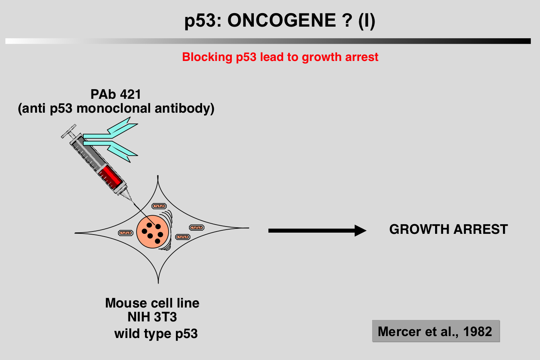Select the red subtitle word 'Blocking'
tap(207, 57)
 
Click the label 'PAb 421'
tap(116, 94)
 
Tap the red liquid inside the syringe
tap(111, 176)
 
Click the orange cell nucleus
tap(152, 232)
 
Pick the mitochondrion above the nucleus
tap(159, 206)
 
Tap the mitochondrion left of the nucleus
tap(125, 233)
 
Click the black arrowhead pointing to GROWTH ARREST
tap(360, 231)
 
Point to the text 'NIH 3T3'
tap(152, 317)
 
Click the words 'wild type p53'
tap(156, 333)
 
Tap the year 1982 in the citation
tap(478, 332)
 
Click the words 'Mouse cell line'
tap(152, 303)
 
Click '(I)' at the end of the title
tap(366, 20)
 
